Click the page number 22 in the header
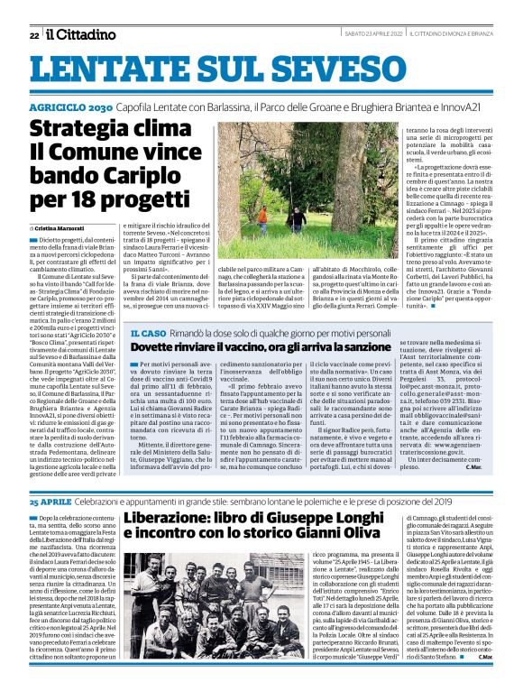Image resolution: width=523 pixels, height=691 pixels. pyautogui.click(x=33, y=35)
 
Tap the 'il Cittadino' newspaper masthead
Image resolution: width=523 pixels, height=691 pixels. pyautogui.click(x=82, y=34)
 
